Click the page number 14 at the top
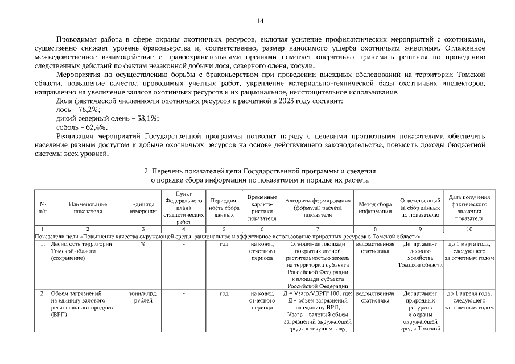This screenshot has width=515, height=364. point(259,21)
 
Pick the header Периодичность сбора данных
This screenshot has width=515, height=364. point(224,208)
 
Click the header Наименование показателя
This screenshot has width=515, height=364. point(88,208)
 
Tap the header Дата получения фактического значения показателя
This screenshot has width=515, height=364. point(469,208)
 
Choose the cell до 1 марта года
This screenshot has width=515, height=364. point(469,251)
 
